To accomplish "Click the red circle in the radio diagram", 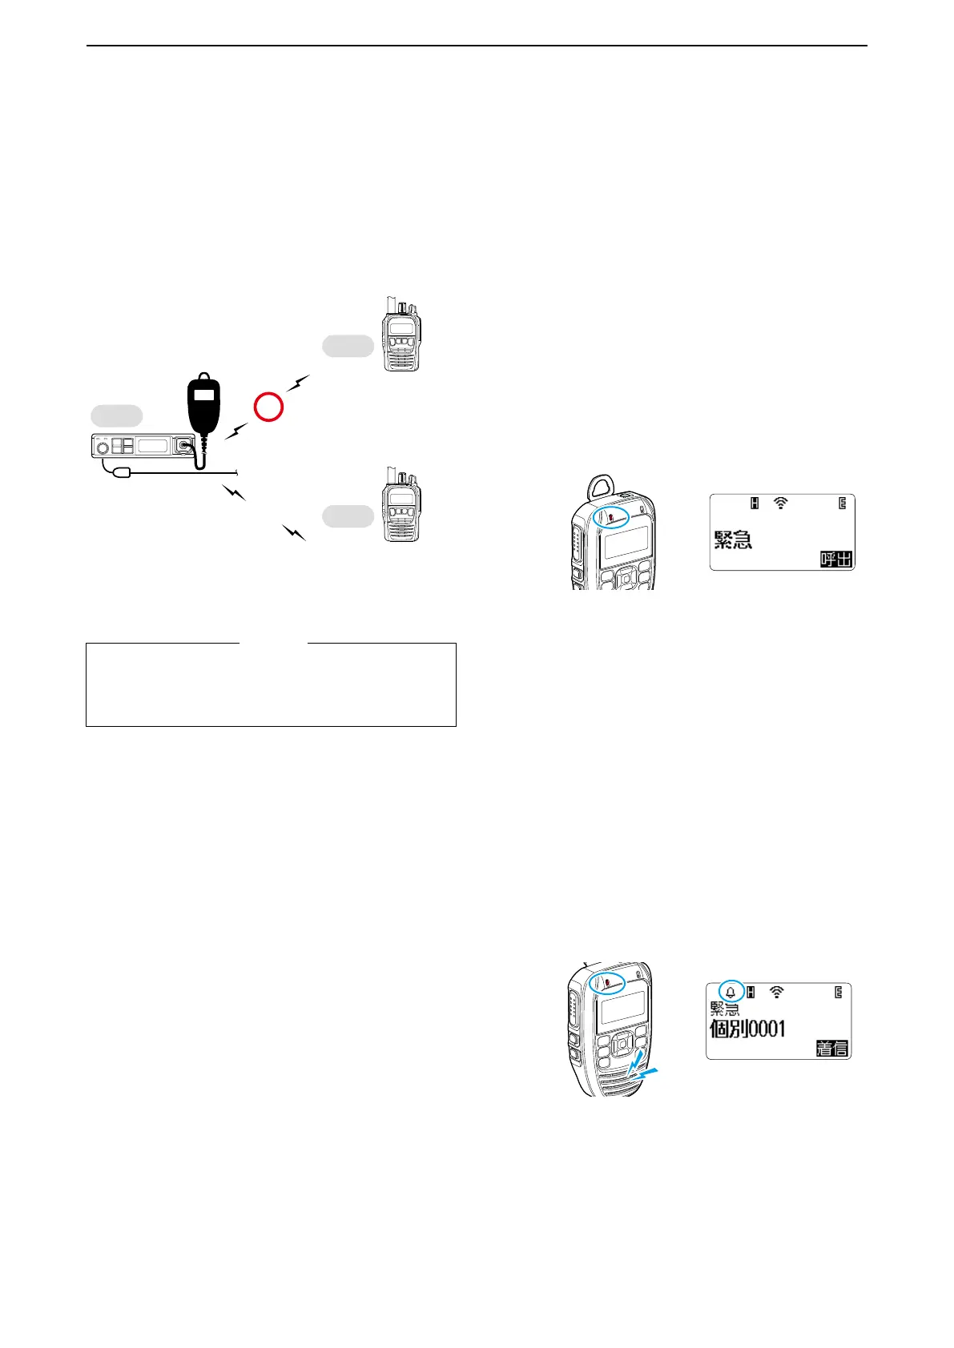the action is click(x=269, y=407).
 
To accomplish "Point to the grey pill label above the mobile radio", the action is click(x=116, y=415).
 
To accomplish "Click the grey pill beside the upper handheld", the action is click(x=348, y=346).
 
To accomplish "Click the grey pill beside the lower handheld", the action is click(x=348, y=516).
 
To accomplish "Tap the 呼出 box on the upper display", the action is click(x=835, y=559).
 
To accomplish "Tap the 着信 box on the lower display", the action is click(x=831, y=1048).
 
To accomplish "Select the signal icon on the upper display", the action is click(x=781, y=503).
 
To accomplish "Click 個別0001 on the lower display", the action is click(x=747, y=1029).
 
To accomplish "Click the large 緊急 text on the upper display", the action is click(x=733, y=540).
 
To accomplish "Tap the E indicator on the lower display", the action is click(x=839, y=993).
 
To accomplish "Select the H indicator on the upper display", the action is click(x=754, y=503).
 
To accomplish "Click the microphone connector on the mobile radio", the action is click(x=186, y=445).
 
